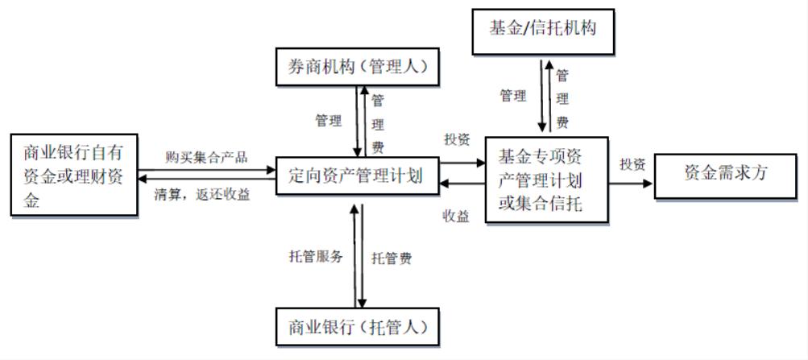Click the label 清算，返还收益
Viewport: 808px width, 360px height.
[201, 194]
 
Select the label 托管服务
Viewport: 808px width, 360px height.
[317, 257]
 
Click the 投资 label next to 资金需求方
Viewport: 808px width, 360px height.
[632, 163]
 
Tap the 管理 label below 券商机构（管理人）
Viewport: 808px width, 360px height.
[328, 121]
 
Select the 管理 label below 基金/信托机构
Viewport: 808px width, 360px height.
[513, 96]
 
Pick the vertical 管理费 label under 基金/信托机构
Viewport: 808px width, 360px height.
[563, 98]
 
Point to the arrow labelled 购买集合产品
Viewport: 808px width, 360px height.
[206, 170]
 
